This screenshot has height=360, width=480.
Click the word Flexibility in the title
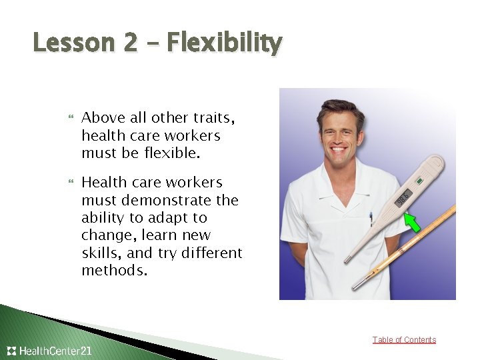click(x=224, y=43)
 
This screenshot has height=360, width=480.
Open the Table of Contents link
click(x=404, y=340)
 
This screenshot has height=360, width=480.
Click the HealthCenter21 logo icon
click(x=11, y=351)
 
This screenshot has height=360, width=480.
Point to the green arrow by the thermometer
click(x=413, y=223)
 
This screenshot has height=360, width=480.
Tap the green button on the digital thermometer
click(x=419, y=180)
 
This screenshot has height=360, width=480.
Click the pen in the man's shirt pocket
click(x=371, y=219)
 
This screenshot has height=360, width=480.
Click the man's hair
click(x=340, y=107)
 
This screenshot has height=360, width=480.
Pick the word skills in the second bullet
click(x=101, y=253)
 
